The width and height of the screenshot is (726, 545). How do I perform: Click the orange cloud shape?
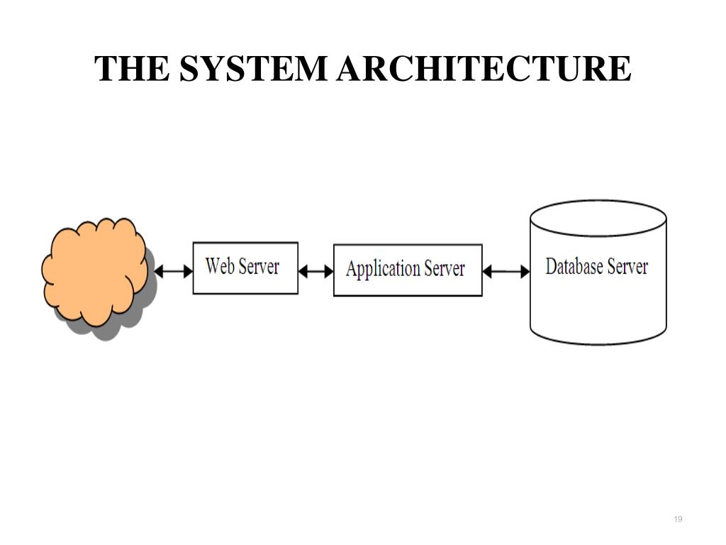pos(94,272)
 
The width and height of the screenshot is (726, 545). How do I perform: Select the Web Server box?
pos(245,268)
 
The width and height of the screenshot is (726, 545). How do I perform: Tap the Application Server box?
pos(408,270)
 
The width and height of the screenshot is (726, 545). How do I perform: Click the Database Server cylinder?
pos(598,272)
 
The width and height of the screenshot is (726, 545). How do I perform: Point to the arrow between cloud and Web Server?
pos(173,272)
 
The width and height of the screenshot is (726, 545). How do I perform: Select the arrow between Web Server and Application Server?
pos(315,272)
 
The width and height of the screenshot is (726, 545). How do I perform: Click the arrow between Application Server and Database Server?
pos(506,272)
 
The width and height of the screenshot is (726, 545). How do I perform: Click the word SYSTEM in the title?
pos(253,68)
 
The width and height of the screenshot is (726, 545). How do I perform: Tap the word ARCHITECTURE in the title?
pos(484,68)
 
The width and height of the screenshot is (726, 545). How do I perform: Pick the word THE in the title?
pos(132,68)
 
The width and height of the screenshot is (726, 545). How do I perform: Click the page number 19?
pos(678,519)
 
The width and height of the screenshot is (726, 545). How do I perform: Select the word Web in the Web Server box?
pos(220,266)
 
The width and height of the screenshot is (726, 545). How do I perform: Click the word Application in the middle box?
pos(383,269)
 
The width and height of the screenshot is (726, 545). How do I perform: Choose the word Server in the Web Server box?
pos(259,267)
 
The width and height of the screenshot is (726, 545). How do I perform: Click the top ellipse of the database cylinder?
pos(598,219)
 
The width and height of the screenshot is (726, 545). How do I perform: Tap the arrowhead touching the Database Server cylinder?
pos(525,272)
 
